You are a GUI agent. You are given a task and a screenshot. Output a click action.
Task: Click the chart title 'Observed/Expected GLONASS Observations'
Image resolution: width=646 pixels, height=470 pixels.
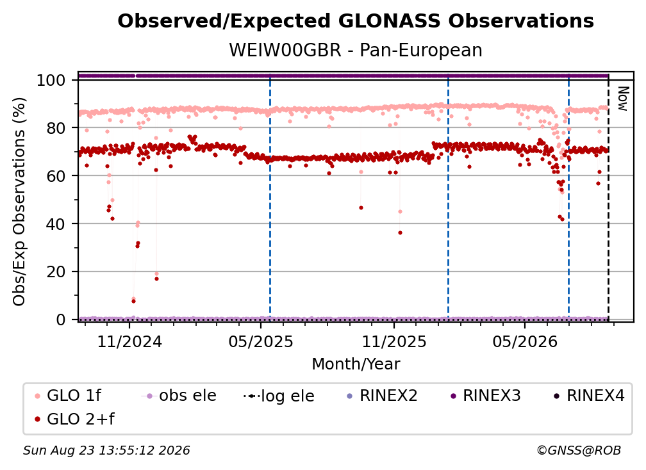356,21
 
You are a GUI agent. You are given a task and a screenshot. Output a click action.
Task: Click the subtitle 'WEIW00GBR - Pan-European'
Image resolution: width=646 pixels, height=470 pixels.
356,51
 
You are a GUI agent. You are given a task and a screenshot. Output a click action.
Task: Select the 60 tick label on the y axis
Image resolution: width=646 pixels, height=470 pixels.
56,176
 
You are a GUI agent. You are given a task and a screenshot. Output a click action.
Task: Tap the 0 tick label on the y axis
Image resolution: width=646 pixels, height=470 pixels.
61,320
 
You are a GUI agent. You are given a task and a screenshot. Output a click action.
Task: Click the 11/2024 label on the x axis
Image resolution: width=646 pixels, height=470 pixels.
129,342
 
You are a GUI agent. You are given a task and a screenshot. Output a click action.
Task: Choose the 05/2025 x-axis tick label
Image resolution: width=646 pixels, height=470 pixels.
261,342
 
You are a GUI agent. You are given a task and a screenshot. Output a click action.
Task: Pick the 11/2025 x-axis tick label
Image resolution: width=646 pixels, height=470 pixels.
394,342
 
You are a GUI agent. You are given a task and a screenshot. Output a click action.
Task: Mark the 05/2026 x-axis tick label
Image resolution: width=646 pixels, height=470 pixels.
525,342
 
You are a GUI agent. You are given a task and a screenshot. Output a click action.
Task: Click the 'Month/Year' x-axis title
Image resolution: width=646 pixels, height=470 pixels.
356,364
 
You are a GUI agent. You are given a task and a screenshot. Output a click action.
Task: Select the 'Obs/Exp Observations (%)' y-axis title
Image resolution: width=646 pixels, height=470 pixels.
19,201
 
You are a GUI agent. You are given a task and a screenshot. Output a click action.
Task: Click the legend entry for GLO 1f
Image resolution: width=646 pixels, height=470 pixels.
68,396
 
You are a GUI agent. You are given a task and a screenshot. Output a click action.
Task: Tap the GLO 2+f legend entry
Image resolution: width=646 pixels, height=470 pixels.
74,419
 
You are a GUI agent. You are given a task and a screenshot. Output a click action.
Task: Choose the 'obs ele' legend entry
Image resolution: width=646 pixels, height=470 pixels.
179,396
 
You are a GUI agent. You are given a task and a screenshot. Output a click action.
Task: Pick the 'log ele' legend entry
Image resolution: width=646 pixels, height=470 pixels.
279,396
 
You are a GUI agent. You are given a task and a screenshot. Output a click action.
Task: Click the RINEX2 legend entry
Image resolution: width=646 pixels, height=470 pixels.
383,396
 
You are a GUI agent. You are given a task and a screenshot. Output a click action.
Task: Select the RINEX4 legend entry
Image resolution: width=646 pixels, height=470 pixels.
589,396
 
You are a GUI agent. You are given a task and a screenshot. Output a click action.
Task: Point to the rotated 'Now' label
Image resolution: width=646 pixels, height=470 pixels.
623,99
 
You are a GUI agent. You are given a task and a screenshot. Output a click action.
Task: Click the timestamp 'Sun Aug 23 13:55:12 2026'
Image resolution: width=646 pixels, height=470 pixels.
106,451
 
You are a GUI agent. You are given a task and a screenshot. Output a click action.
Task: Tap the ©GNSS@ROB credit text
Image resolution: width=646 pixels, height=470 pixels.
579,451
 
